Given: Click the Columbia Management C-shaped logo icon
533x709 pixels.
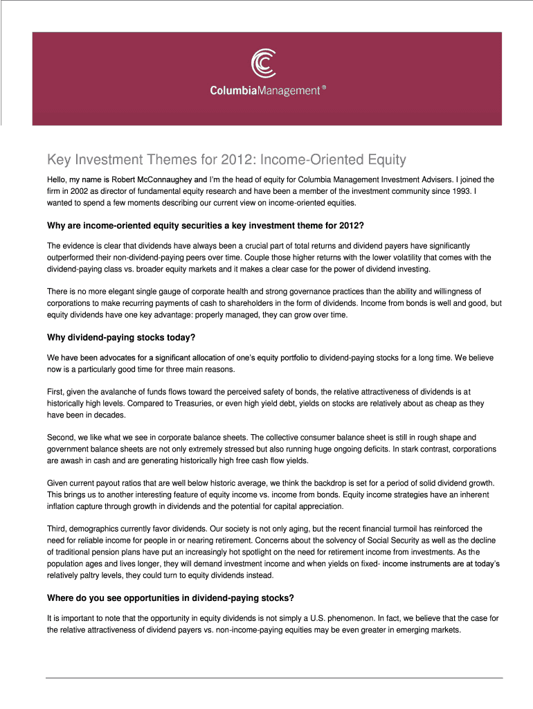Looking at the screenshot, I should click(265, 64).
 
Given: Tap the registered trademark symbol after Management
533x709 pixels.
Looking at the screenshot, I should click(323, 89).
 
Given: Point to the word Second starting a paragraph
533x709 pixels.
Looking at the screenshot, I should click(60, 438).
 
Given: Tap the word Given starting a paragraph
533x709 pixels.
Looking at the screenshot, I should click(58, 483).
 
